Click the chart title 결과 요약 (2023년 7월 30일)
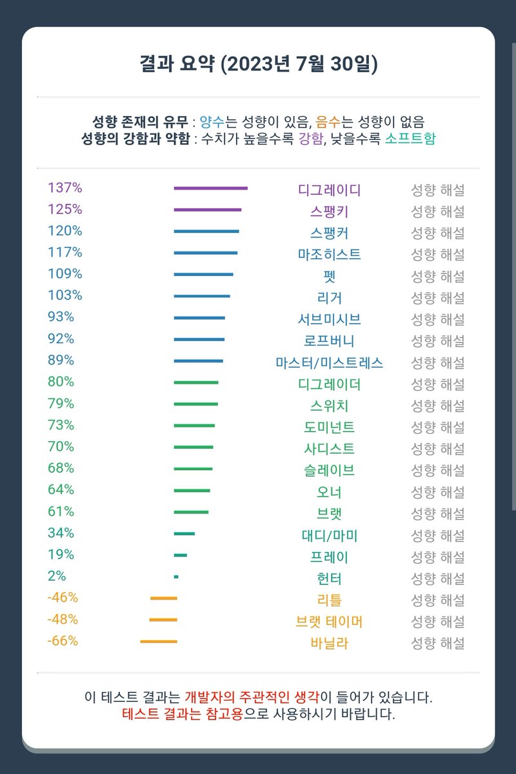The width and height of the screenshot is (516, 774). coord(258,64)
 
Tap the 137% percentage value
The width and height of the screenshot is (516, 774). coord(64,188)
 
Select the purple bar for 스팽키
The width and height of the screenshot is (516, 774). coord(207,210)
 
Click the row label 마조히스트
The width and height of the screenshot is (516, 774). coord(329,254)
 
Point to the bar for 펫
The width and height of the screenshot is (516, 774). coord(203,275)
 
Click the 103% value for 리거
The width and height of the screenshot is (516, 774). coord(64,295)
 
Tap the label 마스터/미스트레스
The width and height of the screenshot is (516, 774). coord(329,362)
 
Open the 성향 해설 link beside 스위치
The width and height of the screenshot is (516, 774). coord(438,406)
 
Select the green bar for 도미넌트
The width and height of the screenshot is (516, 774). coord(193,426)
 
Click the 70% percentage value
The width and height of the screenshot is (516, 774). coord(61,446)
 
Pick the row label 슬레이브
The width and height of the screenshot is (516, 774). coord(329,470)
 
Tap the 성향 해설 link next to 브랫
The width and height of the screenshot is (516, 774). coord(438,513)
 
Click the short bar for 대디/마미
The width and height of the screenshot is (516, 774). coord(184,533)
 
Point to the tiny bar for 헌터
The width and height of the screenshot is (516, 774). coord(176,577)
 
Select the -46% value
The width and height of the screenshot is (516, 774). coord(62,597)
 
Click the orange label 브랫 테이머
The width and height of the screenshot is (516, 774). coord(329,622)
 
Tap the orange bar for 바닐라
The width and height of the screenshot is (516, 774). coord(158,641)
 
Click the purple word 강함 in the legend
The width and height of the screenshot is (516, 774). coord(310,139)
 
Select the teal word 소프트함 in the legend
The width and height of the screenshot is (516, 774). coord(410,139)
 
